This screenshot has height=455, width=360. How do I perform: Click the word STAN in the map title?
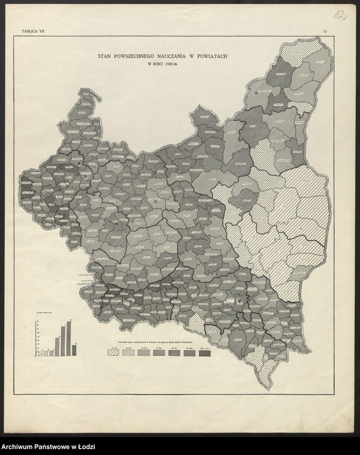pos(105,55)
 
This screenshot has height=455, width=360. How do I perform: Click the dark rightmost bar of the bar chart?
pos(74,350)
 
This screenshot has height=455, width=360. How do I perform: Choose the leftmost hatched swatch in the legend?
pos(114,352)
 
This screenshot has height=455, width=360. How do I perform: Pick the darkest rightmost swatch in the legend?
pos(205,352)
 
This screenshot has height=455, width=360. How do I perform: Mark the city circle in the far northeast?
pos(256,94)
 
